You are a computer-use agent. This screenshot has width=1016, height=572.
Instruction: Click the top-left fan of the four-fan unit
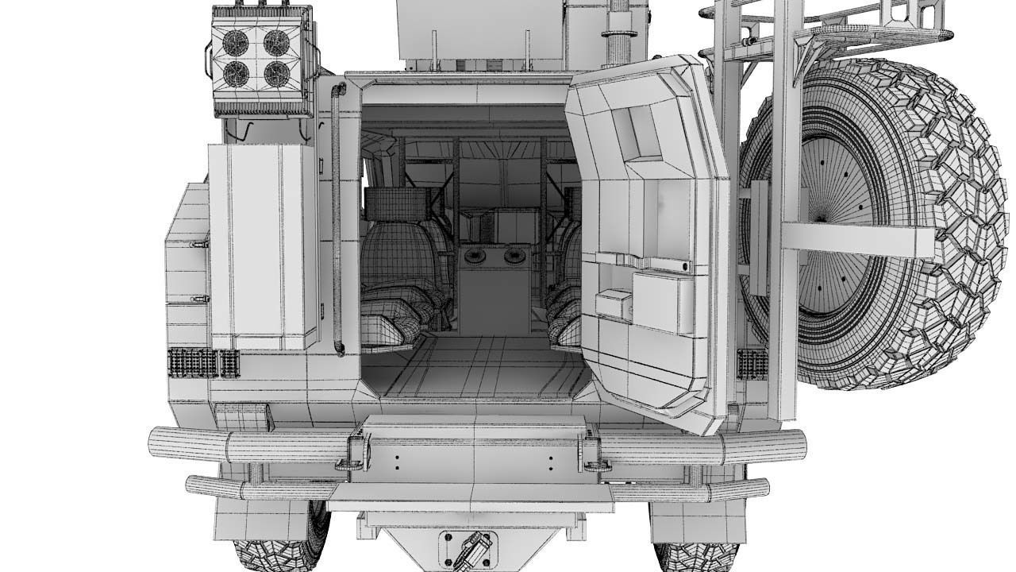(236, 42)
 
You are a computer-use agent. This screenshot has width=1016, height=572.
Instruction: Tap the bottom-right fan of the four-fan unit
(276, 74)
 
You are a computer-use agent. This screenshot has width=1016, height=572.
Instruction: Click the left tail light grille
(203, 362)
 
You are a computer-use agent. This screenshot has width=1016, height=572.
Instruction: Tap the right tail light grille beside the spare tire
(752, 363)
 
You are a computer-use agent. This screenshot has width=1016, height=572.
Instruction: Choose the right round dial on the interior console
(514, 255)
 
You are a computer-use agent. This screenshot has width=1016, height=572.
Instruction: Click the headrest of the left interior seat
(394, 203)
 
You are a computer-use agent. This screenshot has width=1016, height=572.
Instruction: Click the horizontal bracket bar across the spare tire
(857, 239)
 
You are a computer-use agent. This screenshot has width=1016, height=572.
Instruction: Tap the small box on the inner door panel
(613, 304)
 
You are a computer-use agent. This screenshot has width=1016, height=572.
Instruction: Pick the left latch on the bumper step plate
(355, 454)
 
